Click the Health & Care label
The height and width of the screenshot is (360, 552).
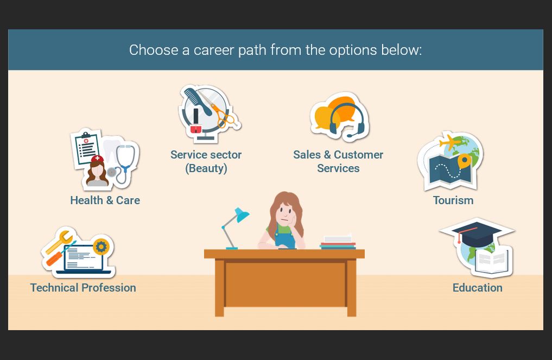coord(105,200)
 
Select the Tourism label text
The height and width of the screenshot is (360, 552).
coord(453,200)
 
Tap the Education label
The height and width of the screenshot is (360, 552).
coord(477,287)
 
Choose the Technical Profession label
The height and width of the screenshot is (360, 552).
coord(83,287)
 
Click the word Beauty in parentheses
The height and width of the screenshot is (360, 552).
coord(206,168)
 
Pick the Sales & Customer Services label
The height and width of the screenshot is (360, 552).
coord(338,161)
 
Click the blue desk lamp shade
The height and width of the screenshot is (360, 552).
coord(242,214)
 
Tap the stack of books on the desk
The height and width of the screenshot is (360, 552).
coord(338,242)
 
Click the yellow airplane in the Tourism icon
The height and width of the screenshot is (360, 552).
coord(449,142)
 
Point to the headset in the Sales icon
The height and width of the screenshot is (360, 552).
coord(347,121)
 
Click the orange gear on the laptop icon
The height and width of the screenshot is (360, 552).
coord(101,247)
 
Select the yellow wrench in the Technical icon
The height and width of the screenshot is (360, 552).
coord(59,242)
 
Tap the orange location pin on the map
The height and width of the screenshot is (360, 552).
coord(464,161)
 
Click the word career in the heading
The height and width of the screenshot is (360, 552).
coord(214,50)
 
